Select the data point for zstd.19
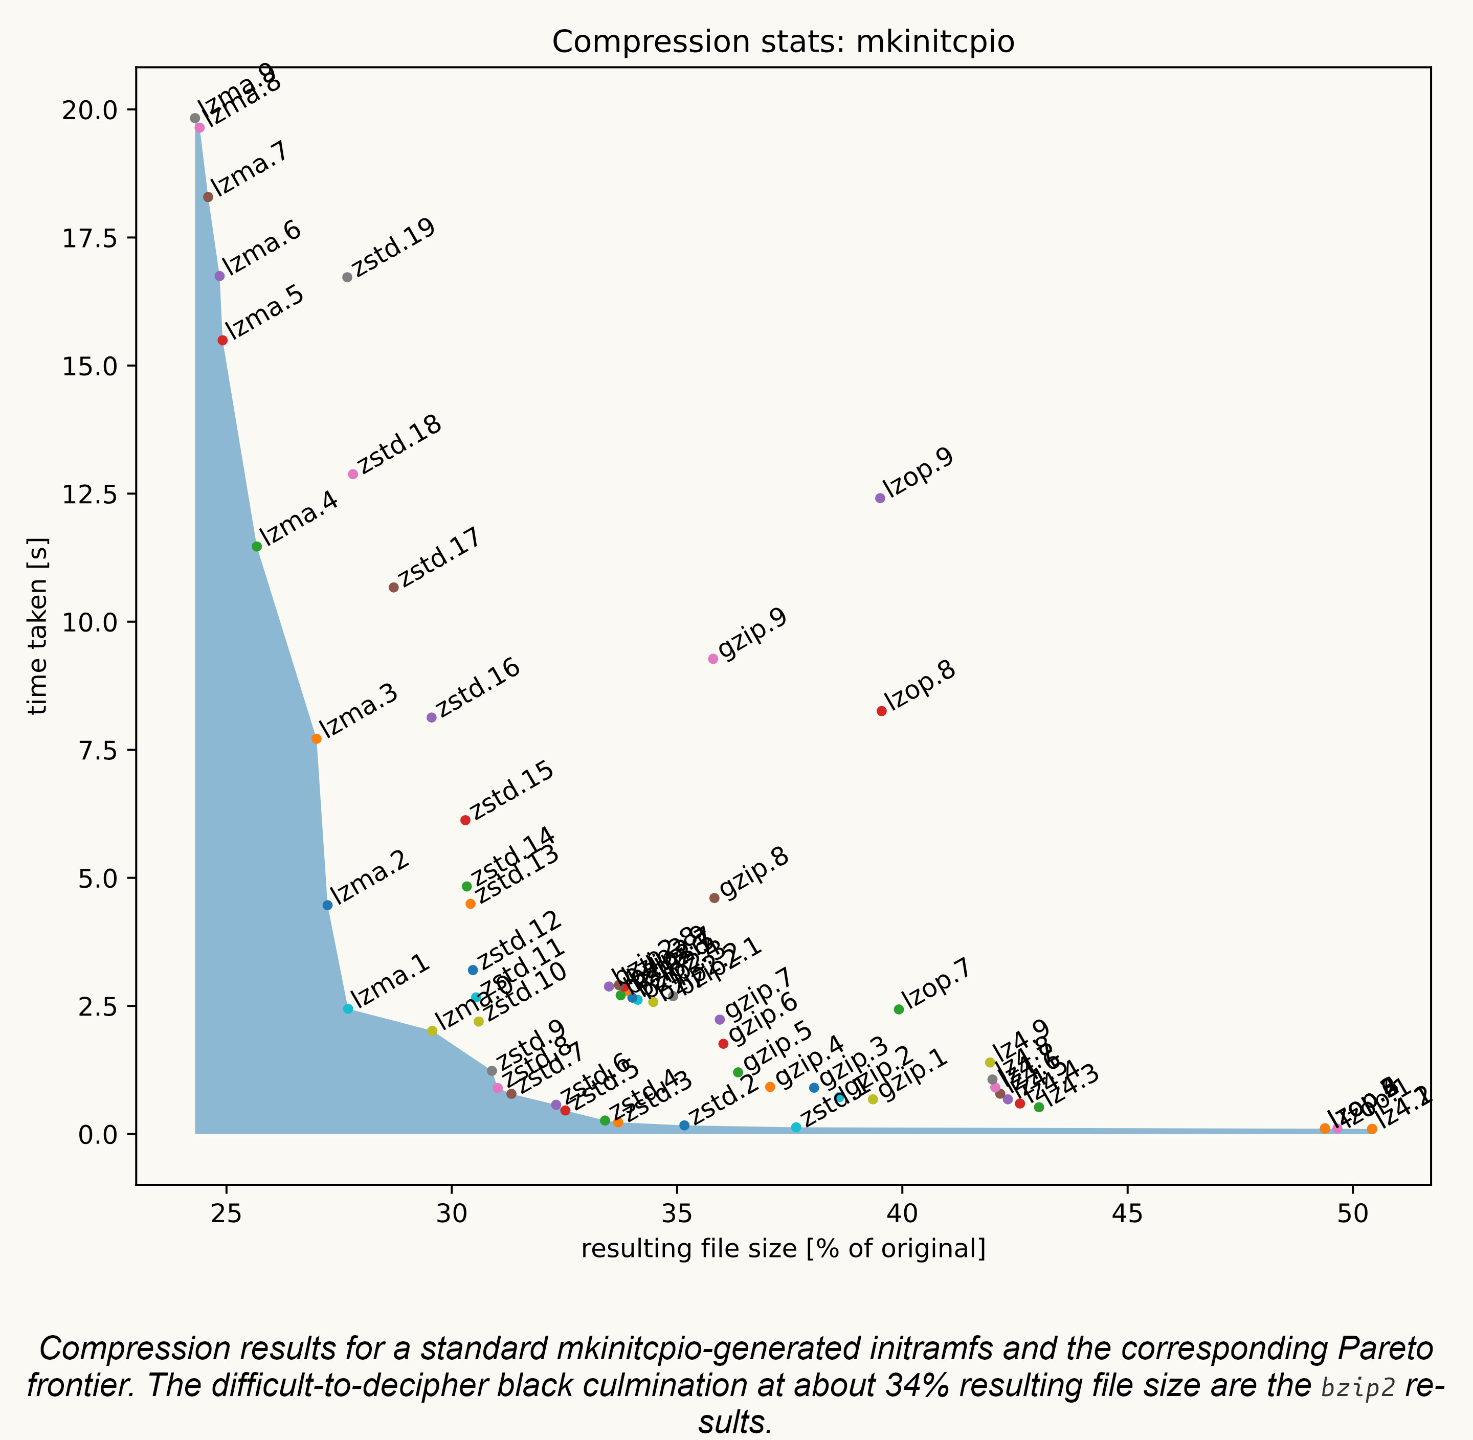pos(347,278)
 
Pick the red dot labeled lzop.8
pos(881,711)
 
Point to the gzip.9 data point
pos(712,659)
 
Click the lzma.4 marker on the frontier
pos(256,547)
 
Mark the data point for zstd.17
pos(393,588)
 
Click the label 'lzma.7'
pos(250,169)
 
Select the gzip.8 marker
pos(714,898)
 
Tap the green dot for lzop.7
pos(899,1009)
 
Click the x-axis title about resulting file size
pos(783,1249)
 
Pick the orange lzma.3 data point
pos(316,739)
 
